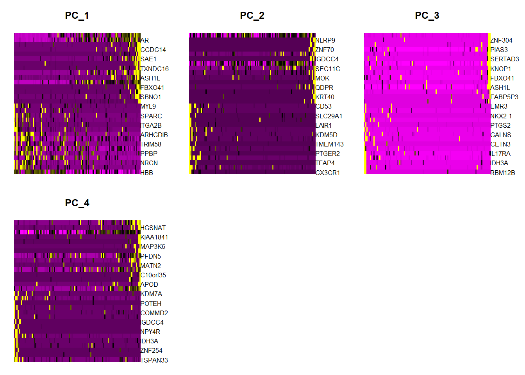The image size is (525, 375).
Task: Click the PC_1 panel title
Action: pyautogui.click(x=77, y=16)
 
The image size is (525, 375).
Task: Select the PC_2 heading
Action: pyautogui.click(x=252, y=16)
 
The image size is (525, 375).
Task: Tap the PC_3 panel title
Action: pyautogui.click(x=427, y=16)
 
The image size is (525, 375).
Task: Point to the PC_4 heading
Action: pyautogui.click(x=77, y=203)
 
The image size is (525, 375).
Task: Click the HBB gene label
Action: pyautogui.click(x=147, y=173)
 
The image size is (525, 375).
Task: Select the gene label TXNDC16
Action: pyautogui.click(x=154, y=69)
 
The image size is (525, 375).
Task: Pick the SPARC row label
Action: pyautogui.click(x=151, y=116)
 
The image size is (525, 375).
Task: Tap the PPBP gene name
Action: pyautogui.click(x=149, y=154)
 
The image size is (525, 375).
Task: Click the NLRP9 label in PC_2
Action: pyautogui.click(x=325, y=41)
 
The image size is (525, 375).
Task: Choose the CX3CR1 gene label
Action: pyautogui.click(x=328, y=173)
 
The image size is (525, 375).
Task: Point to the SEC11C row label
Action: pyautogui.click(x=328, y=69)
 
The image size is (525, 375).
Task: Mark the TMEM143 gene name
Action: pyautogui.click(x=330, y=145)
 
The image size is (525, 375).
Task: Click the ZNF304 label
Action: pyautogui.click(x=501, y=41)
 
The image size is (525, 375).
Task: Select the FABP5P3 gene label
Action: pyautogui.click(x=504, y=97)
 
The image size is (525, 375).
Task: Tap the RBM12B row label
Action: pyautogui.click(x=503, y=173)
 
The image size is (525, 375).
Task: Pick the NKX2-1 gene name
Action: pyautogui.click(x=501, y=116)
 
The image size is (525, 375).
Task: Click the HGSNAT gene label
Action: pyautogui.click(x=153, y=228)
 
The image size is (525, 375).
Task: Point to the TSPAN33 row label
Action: pyautogui.click(x=154, y=360)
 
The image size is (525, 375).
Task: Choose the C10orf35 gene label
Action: pyautogui.click(x=153, y=275)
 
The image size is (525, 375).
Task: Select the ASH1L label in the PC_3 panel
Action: pyautogui.click(x=500, y=87)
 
